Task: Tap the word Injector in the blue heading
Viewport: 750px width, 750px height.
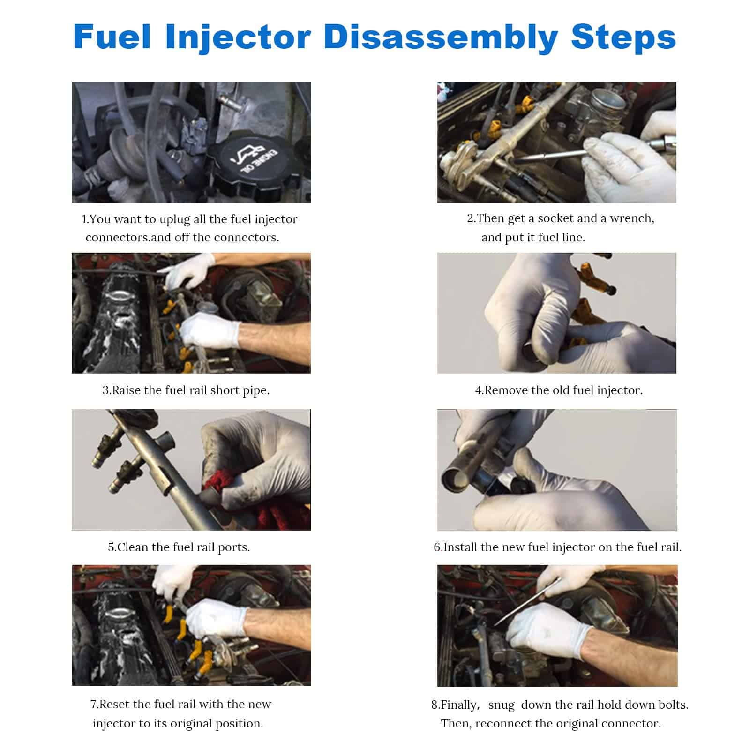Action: pyautogui.click(x=238, y=37)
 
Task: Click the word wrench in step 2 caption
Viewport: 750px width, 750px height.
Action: pyautogui.click(x=631, y=219)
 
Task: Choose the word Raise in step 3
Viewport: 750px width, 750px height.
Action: pyautogui.click(x=127, y=390)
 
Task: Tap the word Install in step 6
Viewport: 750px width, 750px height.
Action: pyautogui.click(x=460, y=547)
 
